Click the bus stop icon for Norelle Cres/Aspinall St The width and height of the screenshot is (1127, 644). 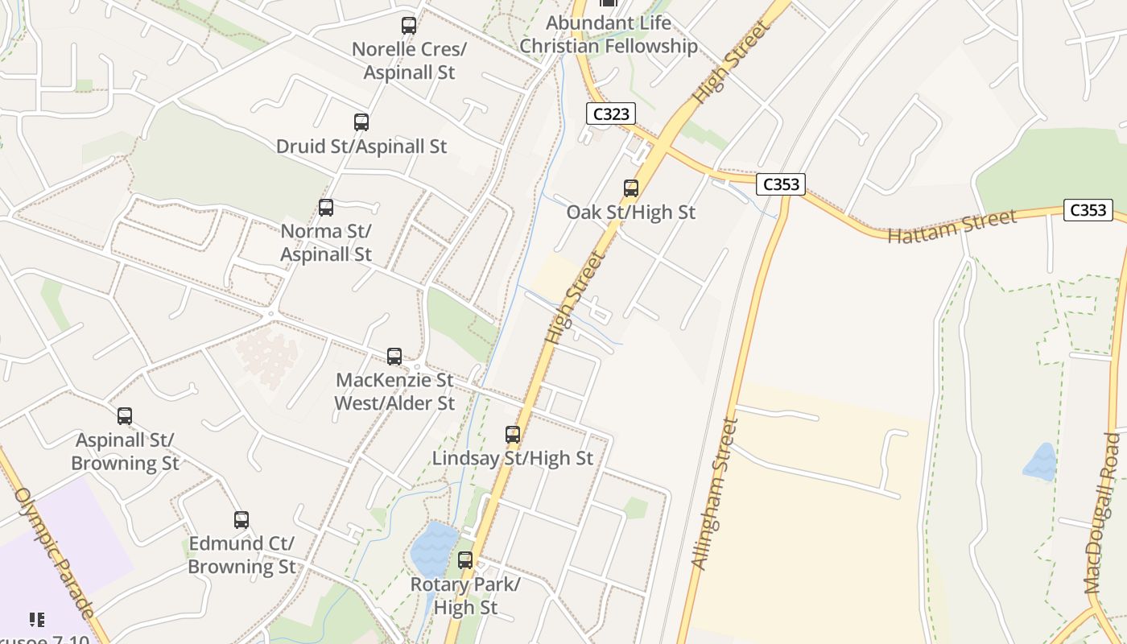(409, 26)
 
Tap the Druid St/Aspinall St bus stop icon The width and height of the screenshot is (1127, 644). (361, 122)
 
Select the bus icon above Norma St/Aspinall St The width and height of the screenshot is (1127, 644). (326, 208)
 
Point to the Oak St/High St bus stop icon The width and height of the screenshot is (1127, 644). (631, 188)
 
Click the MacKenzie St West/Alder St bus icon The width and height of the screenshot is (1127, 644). (394, 356)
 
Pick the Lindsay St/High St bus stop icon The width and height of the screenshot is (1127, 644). (513, 435)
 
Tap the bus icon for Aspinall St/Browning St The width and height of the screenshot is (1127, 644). (125, 416)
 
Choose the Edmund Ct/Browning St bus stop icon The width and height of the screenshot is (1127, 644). (242, 520)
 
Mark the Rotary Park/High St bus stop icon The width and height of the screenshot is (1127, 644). (465, 560)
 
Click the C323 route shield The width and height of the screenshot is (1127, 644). (611, 114)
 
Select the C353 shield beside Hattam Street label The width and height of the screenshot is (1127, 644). (1088, 210)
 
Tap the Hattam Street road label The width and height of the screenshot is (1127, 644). (952, 226)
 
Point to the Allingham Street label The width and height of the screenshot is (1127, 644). (715, 493)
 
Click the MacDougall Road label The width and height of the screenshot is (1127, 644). (1102, 514)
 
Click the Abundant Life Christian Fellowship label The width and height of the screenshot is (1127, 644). (609, 35)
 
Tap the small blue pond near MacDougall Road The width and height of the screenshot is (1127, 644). (1039, 461)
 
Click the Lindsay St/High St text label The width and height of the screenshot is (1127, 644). (513, 458)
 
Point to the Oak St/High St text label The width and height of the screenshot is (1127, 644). (631, 213)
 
